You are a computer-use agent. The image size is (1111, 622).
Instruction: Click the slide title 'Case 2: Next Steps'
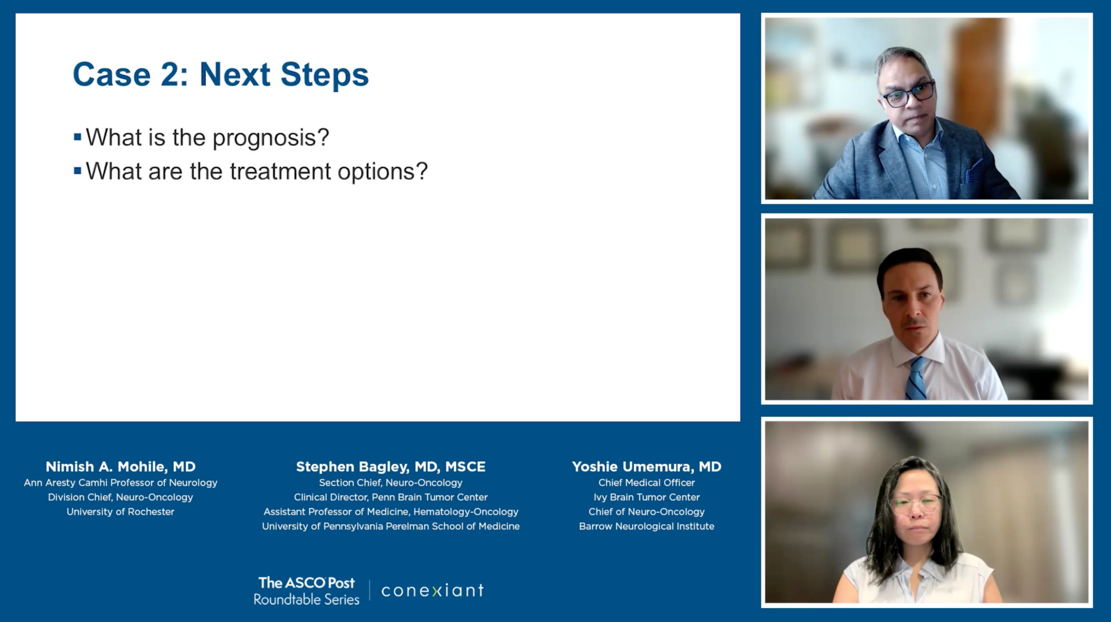click(220, 75)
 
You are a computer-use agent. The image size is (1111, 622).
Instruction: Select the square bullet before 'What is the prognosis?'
click(78, 137)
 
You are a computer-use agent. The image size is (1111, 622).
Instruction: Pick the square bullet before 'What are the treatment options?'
click(78, 171)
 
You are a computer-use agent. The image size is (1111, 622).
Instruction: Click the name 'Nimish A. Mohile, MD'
click(121, 467)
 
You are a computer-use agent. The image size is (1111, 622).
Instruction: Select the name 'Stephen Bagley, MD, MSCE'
click(391, 467)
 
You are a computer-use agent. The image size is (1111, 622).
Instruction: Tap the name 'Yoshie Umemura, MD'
click(646, 467)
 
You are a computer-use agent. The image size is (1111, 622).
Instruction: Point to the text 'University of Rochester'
click(120, 511)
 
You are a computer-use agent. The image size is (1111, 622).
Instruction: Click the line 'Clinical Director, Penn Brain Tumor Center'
click(391, 497)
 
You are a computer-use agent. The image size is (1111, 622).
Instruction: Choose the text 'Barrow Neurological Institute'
click(646, 526)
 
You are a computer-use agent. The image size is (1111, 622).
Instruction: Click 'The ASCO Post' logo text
click(306, 583)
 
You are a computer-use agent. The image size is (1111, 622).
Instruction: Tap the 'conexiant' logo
click(433, 590)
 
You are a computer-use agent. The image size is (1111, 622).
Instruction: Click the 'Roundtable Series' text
click(306, 599)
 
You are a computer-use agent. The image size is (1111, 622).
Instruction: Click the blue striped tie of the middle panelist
click(916, 378)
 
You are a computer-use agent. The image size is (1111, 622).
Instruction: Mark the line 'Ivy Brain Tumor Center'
click(646, 497)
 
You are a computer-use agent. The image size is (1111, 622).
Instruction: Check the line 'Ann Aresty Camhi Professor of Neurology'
click(120, 483)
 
